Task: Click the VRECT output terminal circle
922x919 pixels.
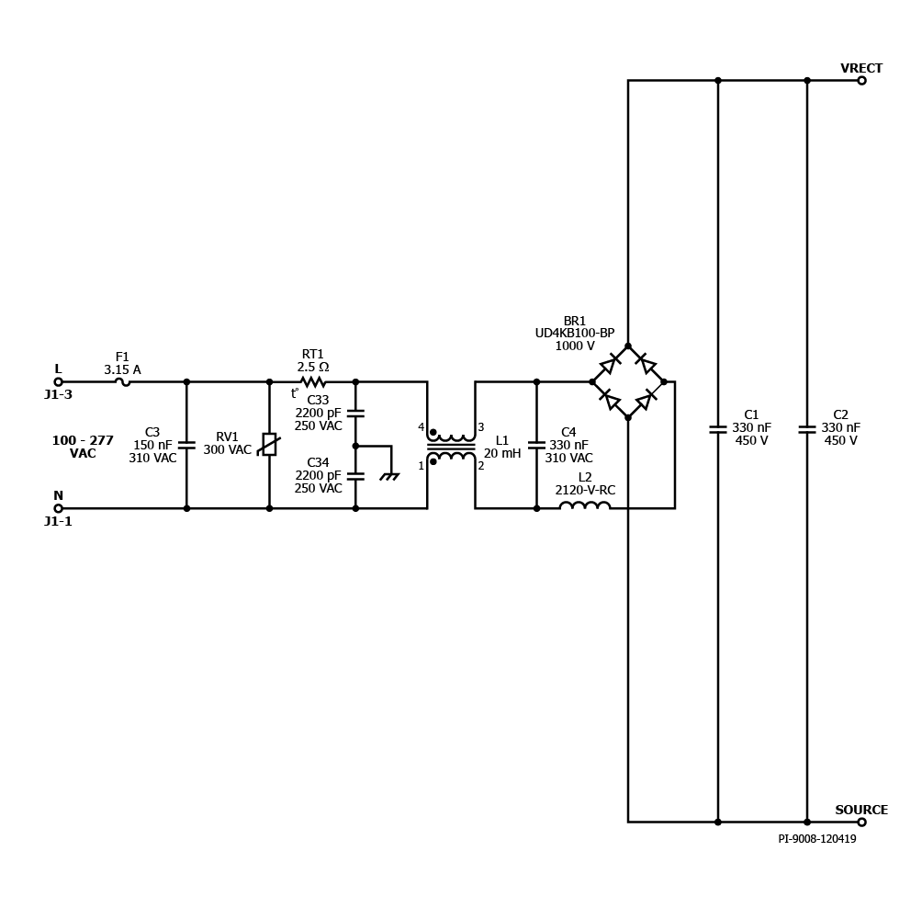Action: coord(861,81)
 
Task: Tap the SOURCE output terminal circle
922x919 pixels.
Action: coord(861,822)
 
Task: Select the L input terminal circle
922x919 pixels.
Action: coord(58,381)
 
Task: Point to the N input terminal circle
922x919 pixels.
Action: coord(58,508)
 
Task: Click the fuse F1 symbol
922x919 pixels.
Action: coord(122,382)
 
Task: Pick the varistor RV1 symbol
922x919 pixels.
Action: coord(269,444)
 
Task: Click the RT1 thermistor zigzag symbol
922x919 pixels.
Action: coord(313,381)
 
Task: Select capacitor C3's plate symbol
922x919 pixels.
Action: coord(186,445)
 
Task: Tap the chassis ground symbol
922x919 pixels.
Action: coord(389,477)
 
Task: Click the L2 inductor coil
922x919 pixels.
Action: coord(584,505)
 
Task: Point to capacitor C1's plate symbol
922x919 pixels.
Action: coord(717,429)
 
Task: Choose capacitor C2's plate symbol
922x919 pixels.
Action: coord(806,429)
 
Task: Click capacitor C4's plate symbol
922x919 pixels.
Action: coord(536,445)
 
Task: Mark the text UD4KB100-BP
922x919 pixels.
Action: coord(575,333)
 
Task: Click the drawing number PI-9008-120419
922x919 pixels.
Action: coord(816,839)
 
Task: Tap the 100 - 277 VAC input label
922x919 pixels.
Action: coord(83,447)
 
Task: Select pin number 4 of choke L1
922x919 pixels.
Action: coord(421,427)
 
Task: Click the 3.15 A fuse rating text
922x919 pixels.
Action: coord(122,370)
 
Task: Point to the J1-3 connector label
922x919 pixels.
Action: coord(58,395)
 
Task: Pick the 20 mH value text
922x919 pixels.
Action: coord(502,454)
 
